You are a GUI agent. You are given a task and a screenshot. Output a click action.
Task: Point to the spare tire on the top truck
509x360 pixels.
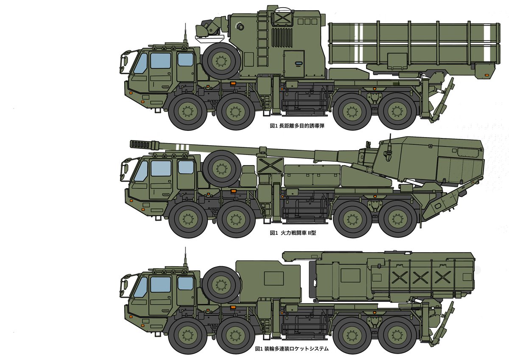pos(221,61)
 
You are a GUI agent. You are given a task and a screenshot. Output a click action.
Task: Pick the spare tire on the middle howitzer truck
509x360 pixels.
pos(221,169)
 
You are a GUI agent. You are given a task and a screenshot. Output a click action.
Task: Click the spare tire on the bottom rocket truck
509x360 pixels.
pos(221,285)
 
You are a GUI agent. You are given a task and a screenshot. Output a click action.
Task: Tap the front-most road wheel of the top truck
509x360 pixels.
pos(187,112)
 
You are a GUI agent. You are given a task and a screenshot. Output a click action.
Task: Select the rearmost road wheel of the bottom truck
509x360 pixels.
pos(397,336)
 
